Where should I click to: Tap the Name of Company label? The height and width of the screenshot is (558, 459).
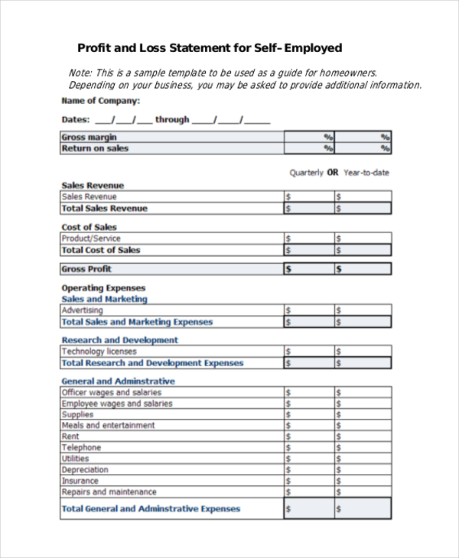point(100,101)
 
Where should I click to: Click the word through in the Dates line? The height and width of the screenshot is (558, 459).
point(172,120)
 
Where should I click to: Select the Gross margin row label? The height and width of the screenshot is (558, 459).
point(90,137)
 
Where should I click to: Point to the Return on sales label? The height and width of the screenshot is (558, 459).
point(95,148)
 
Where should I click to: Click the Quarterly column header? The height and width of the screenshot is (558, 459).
point(306,173)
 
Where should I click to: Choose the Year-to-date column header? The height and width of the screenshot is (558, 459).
point(366,173)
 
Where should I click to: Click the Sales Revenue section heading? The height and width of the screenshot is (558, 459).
point(93,186)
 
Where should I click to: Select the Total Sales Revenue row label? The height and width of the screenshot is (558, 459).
point(105,208)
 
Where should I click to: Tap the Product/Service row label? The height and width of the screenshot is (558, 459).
point(91,238)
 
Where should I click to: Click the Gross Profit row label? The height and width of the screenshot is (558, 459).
point(86,269)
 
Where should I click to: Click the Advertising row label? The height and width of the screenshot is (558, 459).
point(82,310)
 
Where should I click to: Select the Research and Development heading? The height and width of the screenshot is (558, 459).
point(119,340)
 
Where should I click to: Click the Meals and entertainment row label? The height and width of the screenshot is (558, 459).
point(108,425)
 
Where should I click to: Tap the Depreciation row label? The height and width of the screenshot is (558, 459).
point(85,470)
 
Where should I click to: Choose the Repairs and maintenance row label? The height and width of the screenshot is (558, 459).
point(109,492)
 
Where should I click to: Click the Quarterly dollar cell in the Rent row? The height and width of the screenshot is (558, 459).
point(308,436)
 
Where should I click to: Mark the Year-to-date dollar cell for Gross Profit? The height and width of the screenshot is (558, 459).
point(363,269)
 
